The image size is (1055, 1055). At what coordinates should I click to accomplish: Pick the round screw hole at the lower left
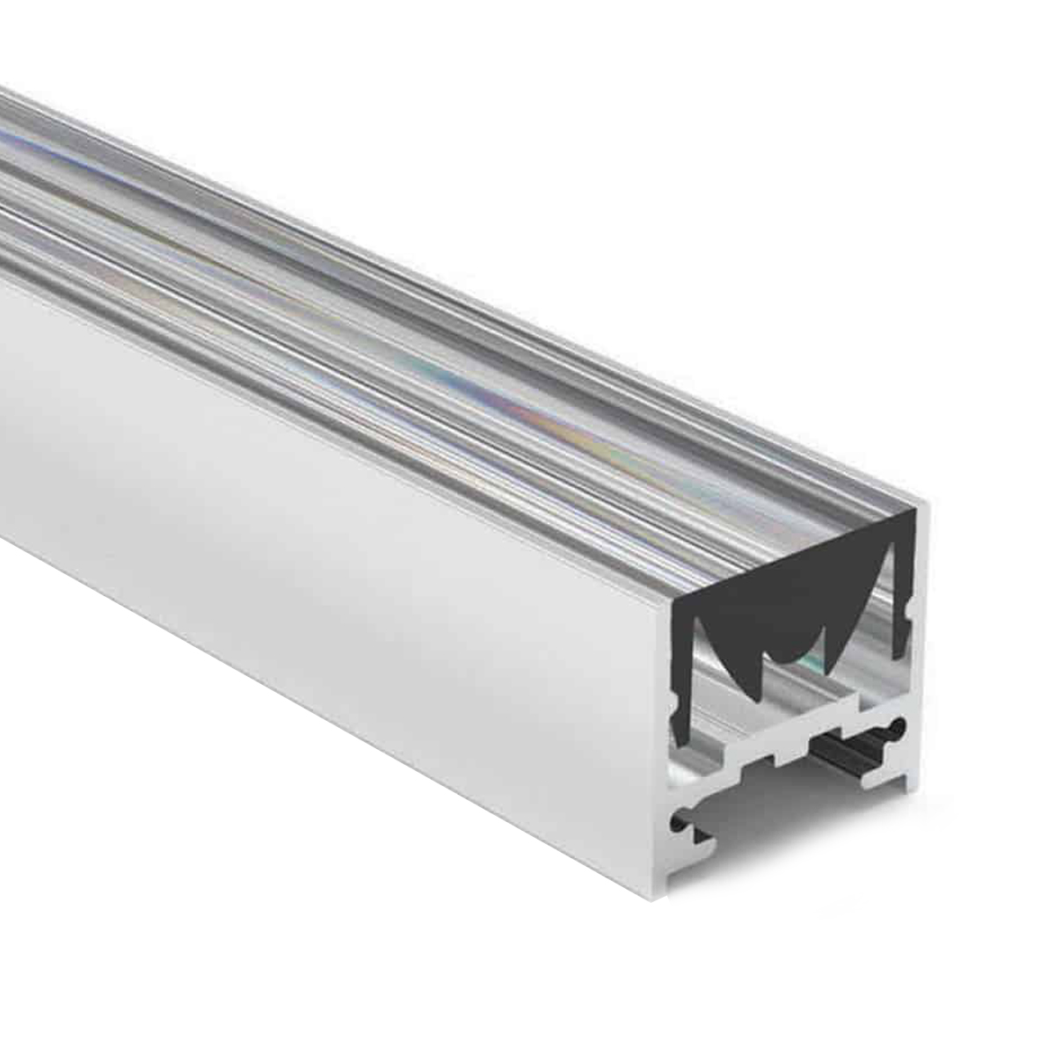(679, 824)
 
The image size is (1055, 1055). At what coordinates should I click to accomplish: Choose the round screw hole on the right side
(896, 727)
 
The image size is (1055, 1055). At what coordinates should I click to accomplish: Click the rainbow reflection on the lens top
(492, 396)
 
